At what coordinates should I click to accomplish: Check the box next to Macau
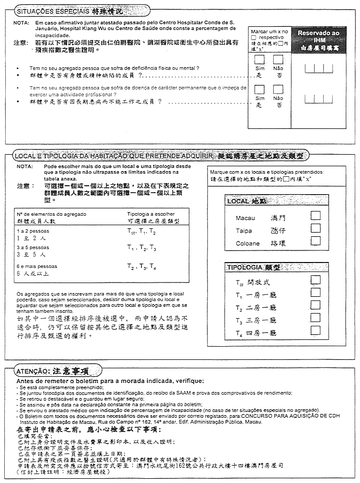[315, 215]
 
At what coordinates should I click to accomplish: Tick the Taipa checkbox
[315, 228]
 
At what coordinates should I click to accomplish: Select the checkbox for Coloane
[315, 241]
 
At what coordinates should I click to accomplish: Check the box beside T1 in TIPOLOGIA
[315, 293]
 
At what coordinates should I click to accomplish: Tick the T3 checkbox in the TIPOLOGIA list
[315, 318]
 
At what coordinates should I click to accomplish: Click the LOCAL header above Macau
[246, 202]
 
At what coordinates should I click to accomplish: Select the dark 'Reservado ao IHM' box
[316, 39]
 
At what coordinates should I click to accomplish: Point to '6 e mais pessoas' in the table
[37, 266]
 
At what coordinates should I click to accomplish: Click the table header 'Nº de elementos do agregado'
[52, 214]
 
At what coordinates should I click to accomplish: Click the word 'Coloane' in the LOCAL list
[248, 244]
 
